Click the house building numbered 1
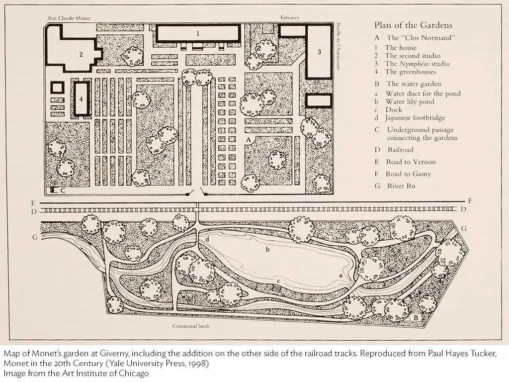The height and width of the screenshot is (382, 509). tap(198, 33)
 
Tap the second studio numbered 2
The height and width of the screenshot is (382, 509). tap(73, 49)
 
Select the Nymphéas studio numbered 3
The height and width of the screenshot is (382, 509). tap(319, 52)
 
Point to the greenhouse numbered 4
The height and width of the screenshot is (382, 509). tap(81, 98)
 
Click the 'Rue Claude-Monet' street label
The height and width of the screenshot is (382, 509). tap(69, 18)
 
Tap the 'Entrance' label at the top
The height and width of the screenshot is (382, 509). tap(290, 17)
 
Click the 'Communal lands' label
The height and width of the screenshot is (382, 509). tap(191, 326)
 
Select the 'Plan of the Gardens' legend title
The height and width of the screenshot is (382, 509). tap(413, 25)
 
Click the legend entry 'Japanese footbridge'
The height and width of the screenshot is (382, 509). tap(415, 118)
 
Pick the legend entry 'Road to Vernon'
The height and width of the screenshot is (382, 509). tap(411, 162)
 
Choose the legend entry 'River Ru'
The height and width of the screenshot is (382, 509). tap(401, 186)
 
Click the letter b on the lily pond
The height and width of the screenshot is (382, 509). tap(267, 250)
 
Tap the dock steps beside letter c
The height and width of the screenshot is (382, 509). tap(276, 288)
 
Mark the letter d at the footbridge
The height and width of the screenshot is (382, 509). tap(207, 239)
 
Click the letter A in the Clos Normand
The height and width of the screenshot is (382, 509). tap(249, 140)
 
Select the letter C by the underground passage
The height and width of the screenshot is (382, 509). tap(63, 191)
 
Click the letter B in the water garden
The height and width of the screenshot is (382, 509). tap(415, 317)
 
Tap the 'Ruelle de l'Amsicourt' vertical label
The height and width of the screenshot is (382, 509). tap(338, 46)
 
